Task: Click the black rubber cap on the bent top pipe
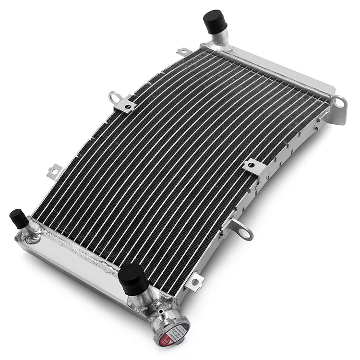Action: click(214, 22)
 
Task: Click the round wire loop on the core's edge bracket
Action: click(115, 96)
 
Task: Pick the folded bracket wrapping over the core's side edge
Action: click(255, 168)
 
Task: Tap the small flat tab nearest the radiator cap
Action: click(194, 281)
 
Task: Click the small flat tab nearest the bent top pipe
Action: click(183, 51)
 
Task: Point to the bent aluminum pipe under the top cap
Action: click(220, 40)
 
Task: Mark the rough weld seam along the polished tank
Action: click(72, 246)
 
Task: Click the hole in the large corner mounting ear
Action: click(339, 102)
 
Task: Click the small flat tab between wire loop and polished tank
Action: click(55, 171)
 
